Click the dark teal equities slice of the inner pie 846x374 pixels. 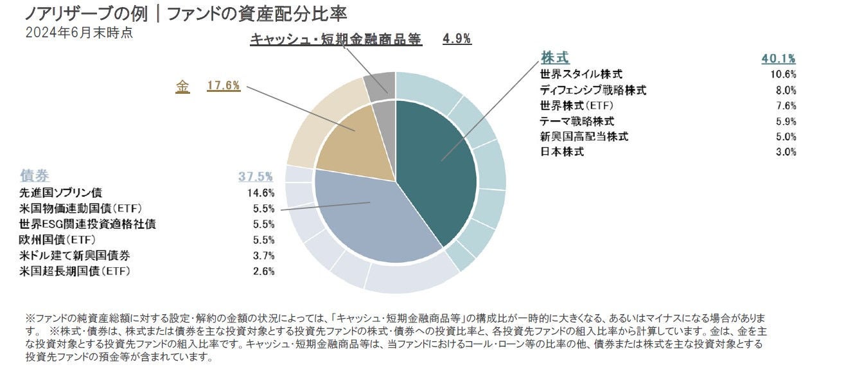(x=437, y=174)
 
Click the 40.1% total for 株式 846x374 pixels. (x=779, y=58)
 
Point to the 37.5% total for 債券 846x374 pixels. (x=256, y=176)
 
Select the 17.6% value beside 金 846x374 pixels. (x=224, y=85)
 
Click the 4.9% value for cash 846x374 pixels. (x=457, y=39)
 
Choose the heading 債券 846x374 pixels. (x=35, y=176)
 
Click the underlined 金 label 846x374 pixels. (x=182, y=86)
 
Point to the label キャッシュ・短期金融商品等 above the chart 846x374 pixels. (x=335, y=39)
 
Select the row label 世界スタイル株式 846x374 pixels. (x=581, y=75)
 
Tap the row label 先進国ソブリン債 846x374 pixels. (x=61, y=193)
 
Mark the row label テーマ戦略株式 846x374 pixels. (x=577, y=121)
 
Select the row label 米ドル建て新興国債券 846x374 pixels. (x=75, y=256)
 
